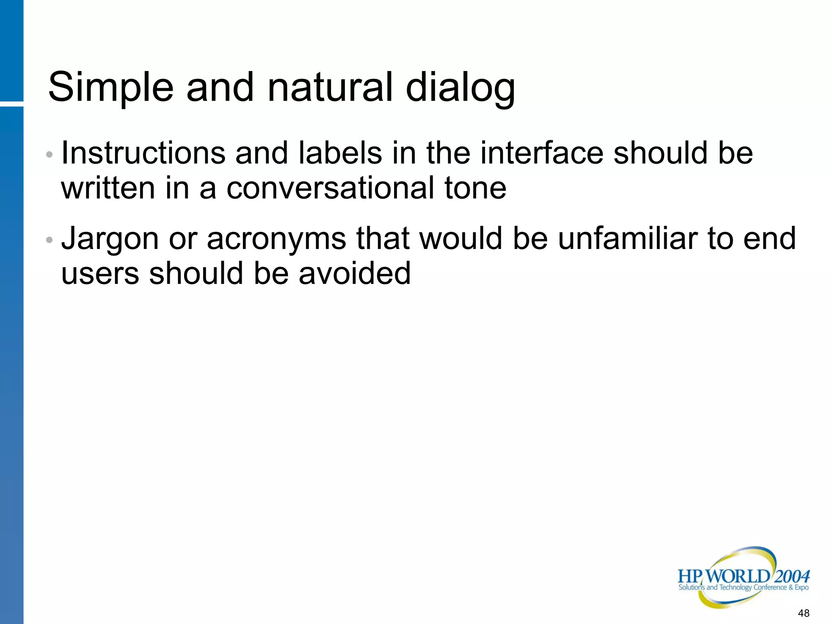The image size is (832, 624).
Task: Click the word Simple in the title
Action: pos(111,88)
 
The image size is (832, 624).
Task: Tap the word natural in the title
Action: pos(330,87)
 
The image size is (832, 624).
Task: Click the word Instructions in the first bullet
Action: pos(143,153)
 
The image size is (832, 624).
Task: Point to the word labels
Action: pos(340,153)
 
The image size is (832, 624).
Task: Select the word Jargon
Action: pos(110,239)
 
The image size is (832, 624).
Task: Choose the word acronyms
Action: pos(276,238)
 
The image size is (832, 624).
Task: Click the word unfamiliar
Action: pos(627,238)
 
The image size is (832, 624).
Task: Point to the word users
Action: pos(100,273)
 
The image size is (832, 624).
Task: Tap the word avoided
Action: pos(355,273)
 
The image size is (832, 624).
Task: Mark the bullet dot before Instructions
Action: pos(49,155)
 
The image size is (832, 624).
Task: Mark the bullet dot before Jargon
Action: pos(49,240)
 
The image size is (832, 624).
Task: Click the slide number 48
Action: pos(804,613)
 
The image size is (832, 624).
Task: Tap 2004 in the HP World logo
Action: pos(792,576)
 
